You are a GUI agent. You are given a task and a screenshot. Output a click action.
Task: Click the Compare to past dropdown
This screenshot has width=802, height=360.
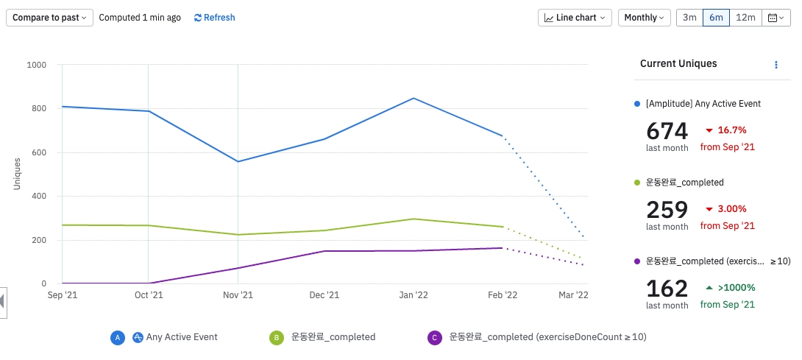tap(49, 18)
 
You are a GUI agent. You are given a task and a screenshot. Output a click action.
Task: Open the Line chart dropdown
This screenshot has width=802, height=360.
tap(575, 18)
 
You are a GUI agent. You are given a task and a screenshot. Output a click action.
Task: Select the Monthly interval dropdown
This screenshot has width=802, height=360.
tap(644, 18)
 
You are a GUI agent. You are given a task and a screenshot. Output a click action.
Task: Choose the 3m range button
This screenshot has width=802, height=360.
tap(689, 18)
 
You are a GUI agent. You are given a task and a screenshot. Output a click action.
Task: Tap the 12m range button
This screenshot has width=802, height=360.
tap(745, 18)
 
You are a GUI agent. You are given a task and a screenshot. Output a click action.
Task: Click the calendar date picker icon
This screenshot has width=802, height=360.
tap(776, 18)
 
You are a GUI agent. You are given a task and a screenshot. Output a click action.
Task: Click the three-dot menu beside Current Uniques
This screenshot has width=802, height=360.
tap(776, 65)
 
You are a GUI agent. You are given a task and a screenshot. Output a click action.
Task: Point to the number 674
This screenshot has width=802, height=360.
tap(667, 131)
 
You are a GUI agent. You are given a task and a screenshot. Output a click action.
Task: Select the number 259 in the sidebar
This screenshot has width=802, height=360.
tap(667, 210)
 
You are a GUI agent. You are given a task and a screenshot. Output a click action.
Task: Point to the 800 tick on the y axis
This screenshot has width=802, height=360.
tap(37, 108)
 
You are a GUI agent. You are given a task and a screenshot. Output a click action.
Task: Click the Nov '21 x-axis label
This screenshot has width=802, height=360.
tap(238, 295)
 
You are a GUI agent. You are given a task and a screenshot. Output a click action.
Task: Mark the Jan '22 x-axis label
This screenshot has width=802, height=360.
tap(413, 295)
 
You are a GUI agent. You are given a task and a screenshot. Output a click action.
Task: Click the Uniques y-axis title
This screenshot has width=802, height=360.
tap(17, 174)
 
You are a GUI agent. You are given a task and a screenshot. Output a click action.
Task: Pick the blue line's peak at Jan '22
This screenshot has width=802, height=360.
tap(414, 98)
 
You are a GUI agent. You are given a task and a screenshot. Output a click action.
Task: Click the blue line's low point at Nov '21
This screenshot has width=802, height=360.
tap(238, 161)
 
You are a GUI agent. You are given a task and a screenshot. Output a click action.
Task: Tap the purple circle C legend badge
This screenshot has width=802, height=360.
tap(434, 337)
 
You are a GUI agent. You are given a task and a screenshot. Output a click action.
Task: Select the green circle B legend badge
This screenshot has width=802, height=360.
tap(276, 337)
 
